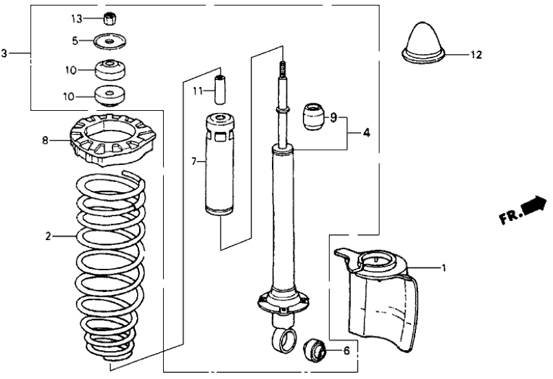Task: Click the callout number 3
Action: [x=5, y=53]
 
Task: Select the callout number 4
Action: [x=366, y=132]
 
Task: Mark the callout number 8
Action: [x=45, y=141]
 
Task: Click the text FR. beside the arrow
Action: [x=509, y=217]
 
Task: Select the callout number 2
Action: [x=48, y=237]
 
